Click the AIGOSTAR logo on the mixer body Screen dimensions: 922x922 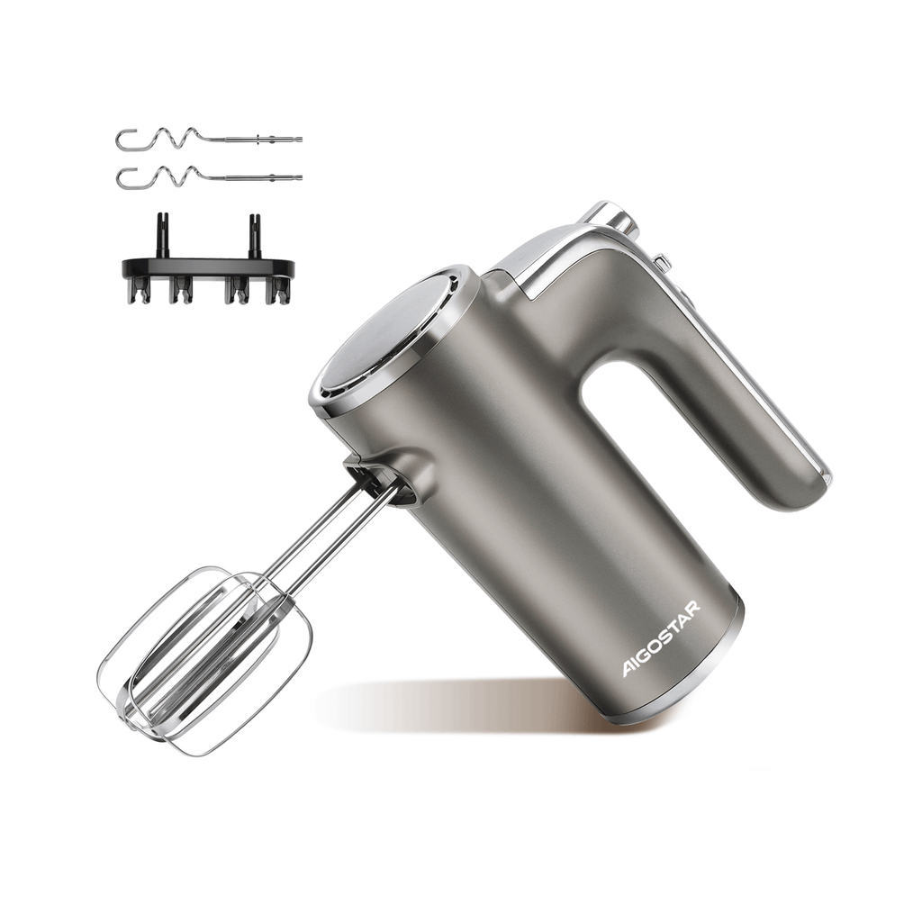coord(662,638)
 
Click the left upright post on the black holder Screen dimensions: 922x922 coord(160,235)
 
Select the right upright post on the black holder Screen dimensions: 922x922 coord(255,235)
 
